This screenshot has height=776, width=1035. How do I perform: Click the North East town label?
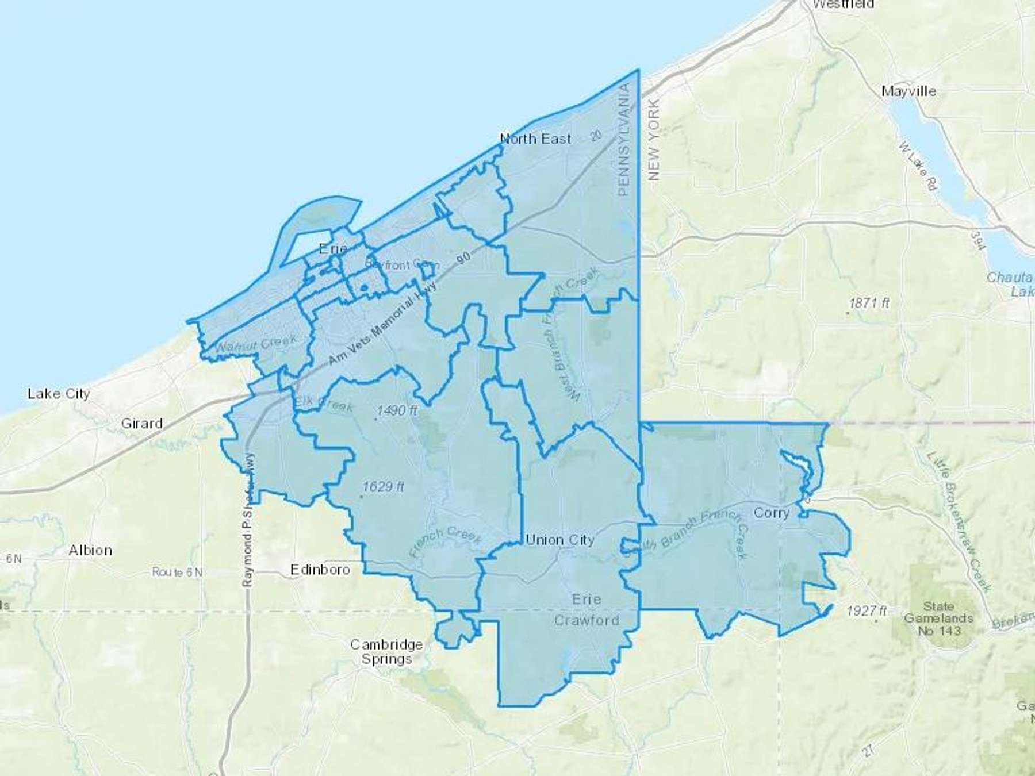point(535,139)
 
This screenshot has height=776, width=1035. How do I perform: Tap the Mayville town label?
point(908,91)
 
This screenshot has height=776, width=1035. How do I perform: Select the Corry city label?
point(771,512)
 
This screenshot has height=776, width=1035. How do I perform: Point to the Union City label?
point(559,540)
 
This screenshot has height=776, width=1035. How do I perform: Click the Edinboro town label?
point(320,570)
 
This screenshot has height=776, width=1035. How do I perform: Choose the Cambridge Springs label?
point(386,652)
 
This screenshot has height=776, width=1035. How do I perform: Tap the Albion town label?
point(90,550)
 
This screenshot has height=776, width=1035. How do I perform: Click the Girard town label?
point(141,424)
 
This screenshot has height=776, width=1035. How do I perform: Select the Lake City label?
point(59,394)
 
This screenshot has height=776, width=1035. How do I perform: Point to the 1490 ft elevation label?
point(397,410)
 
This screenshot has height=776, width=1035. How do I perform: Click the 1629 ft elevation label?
point(383,487)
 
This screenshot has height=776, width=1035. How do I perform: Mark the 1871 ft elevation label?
point(869,303)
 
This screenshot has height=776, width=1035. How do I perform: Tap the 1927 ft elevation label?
point(866,611)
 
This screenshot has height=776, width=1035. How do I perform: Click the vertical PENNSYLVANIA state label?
point(624,140)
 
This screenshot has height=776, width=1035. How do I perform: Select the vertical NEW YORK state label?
point(654,140)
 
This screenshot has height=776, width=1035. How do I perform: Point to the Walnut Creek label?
point(256,344)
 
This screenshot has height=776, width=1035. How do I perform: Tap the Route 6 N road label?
point(177,572)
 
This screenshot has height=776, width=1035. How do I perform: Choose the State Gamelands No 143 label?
point(938,618)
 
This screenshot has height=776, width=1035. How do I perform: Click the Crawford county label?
point(586,620)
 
